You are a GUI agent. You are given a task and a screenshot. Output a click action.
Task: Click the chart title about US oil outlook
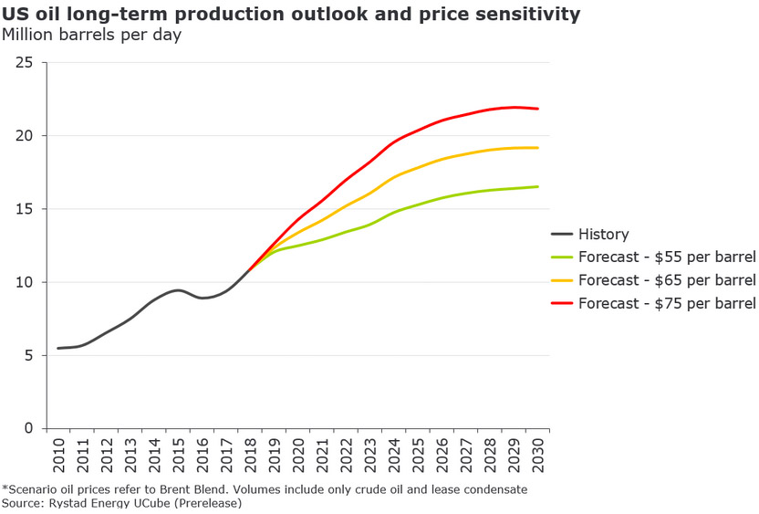[290, 15]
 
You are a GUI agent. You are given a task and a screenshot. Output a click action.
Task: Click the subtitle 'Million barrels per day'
[91, 36]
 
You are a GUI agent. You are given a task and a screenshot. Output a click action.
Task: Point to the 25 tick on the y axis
[25, 62]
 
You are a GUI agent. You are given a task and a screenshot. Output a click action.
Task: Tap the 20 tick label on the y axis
[25, 135]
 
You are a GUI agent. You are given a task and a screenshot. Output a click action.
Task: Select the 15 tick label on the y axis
[25, 209]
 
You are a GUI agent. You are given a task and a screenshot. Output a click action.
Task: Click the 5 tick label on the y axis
[29, 355]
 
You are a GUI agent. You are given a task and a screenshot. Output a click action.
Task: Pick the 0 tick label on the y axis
[29, 428]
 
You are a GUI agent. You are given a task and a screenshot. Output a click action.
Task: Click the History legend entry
[603, 235]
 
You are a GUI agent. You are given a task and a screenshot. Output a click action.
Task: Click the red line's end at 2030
[537, 109]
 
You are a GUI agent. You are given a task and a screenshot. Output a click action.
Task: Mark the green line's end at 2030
[537, 186]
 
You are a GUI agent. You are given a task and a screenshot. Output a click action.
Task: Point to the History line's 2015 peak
[179, 290]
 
